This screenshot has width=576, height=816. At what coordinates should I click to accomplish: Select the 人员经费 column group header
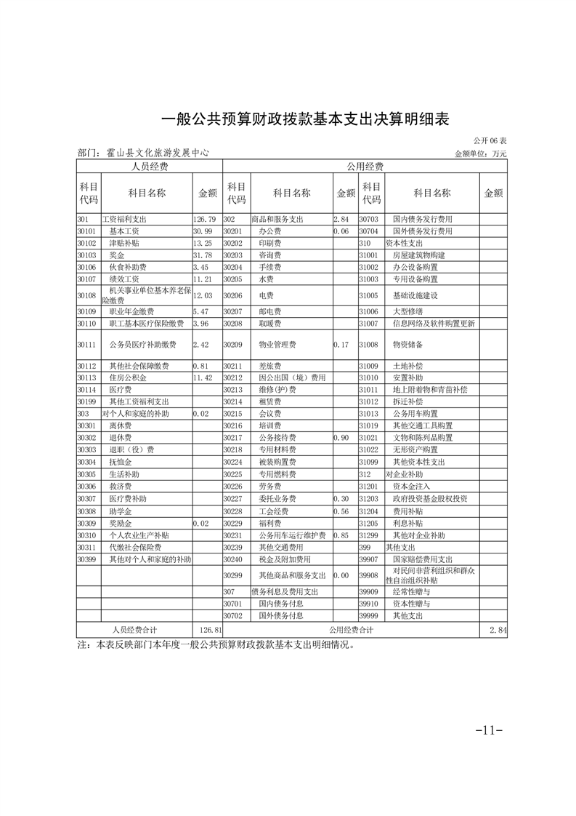149,167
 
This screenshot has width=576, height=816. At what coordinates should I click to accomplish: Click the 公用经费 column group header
365,167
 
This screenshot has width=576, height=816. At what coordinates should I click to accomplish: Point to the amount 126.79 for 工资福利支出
205,219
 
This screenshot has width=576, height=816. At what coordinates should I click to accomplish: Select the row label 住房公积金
128,378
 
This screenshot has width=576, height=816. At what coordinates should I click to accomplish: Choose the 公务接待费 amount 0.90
341,438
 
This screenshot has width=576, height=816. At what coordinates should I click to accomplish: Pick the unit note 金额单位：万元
480,154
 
